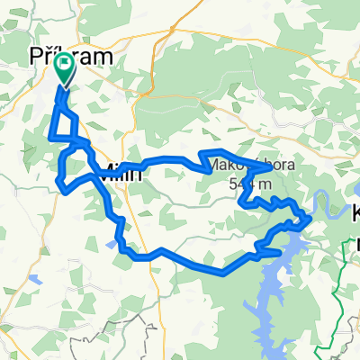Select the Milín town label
pyautogui.click(x=121, y=172)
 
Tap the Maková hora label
pyautogui.click(x=238, y=166)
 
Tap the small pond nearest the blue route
pyautogui.click(x=109, y=243)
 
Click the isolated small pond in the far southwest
pyautogui.click(x=33, y=279)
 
